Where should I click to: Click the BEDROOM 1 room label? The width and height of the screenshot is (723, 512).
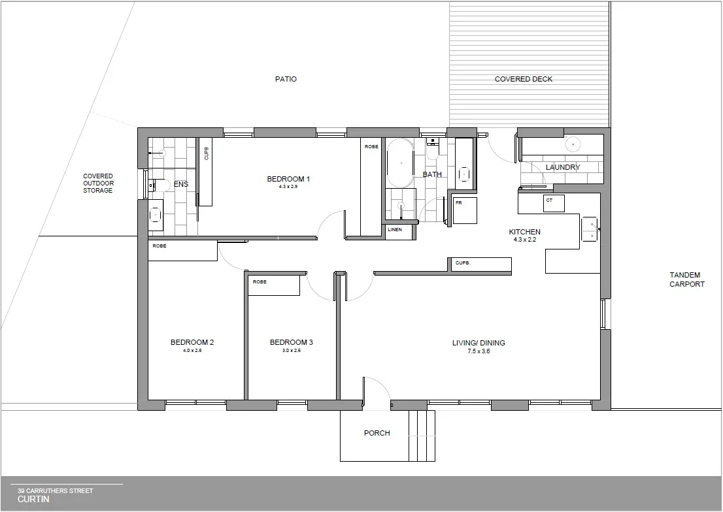[x=288, y=179]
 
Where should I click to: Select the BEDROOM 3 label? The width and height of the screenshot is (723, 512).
[x=292, y=342]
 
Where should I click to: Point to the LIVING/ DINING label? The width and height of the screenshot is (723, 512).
[x=479, y=343]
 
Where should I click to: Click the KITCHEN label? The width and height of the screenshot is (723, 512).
[x=525, y=232]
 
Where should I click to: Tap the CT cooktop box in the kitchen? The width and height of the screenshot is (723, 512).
[x=553, y=202]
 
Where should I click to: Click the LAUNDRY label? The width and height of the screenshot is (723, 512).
[x=563, y=167]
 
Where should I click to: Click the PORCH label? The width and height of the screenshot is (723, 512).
[x=377, y=433]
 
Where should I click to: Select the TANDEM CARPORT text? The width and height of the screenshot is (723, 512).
[x=686, y=280]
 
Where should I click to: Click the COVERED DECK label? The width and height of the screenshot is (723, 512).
[x=523, y=79]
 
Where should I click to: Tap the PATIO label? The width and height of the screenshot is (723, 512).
[x=286, y=79]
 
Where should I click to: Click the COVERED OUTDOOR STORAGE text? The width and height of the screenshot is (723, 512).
[x=98, y=183]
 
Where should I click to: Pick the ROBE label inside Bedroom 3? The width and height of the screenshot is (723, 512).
[x=260, y=281]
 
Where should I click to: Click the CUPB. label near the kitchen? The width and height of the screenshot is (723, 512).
[x=463, y=263]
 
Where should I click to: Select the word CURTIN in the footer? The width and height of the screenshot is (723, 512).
[x=33, y=499]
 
